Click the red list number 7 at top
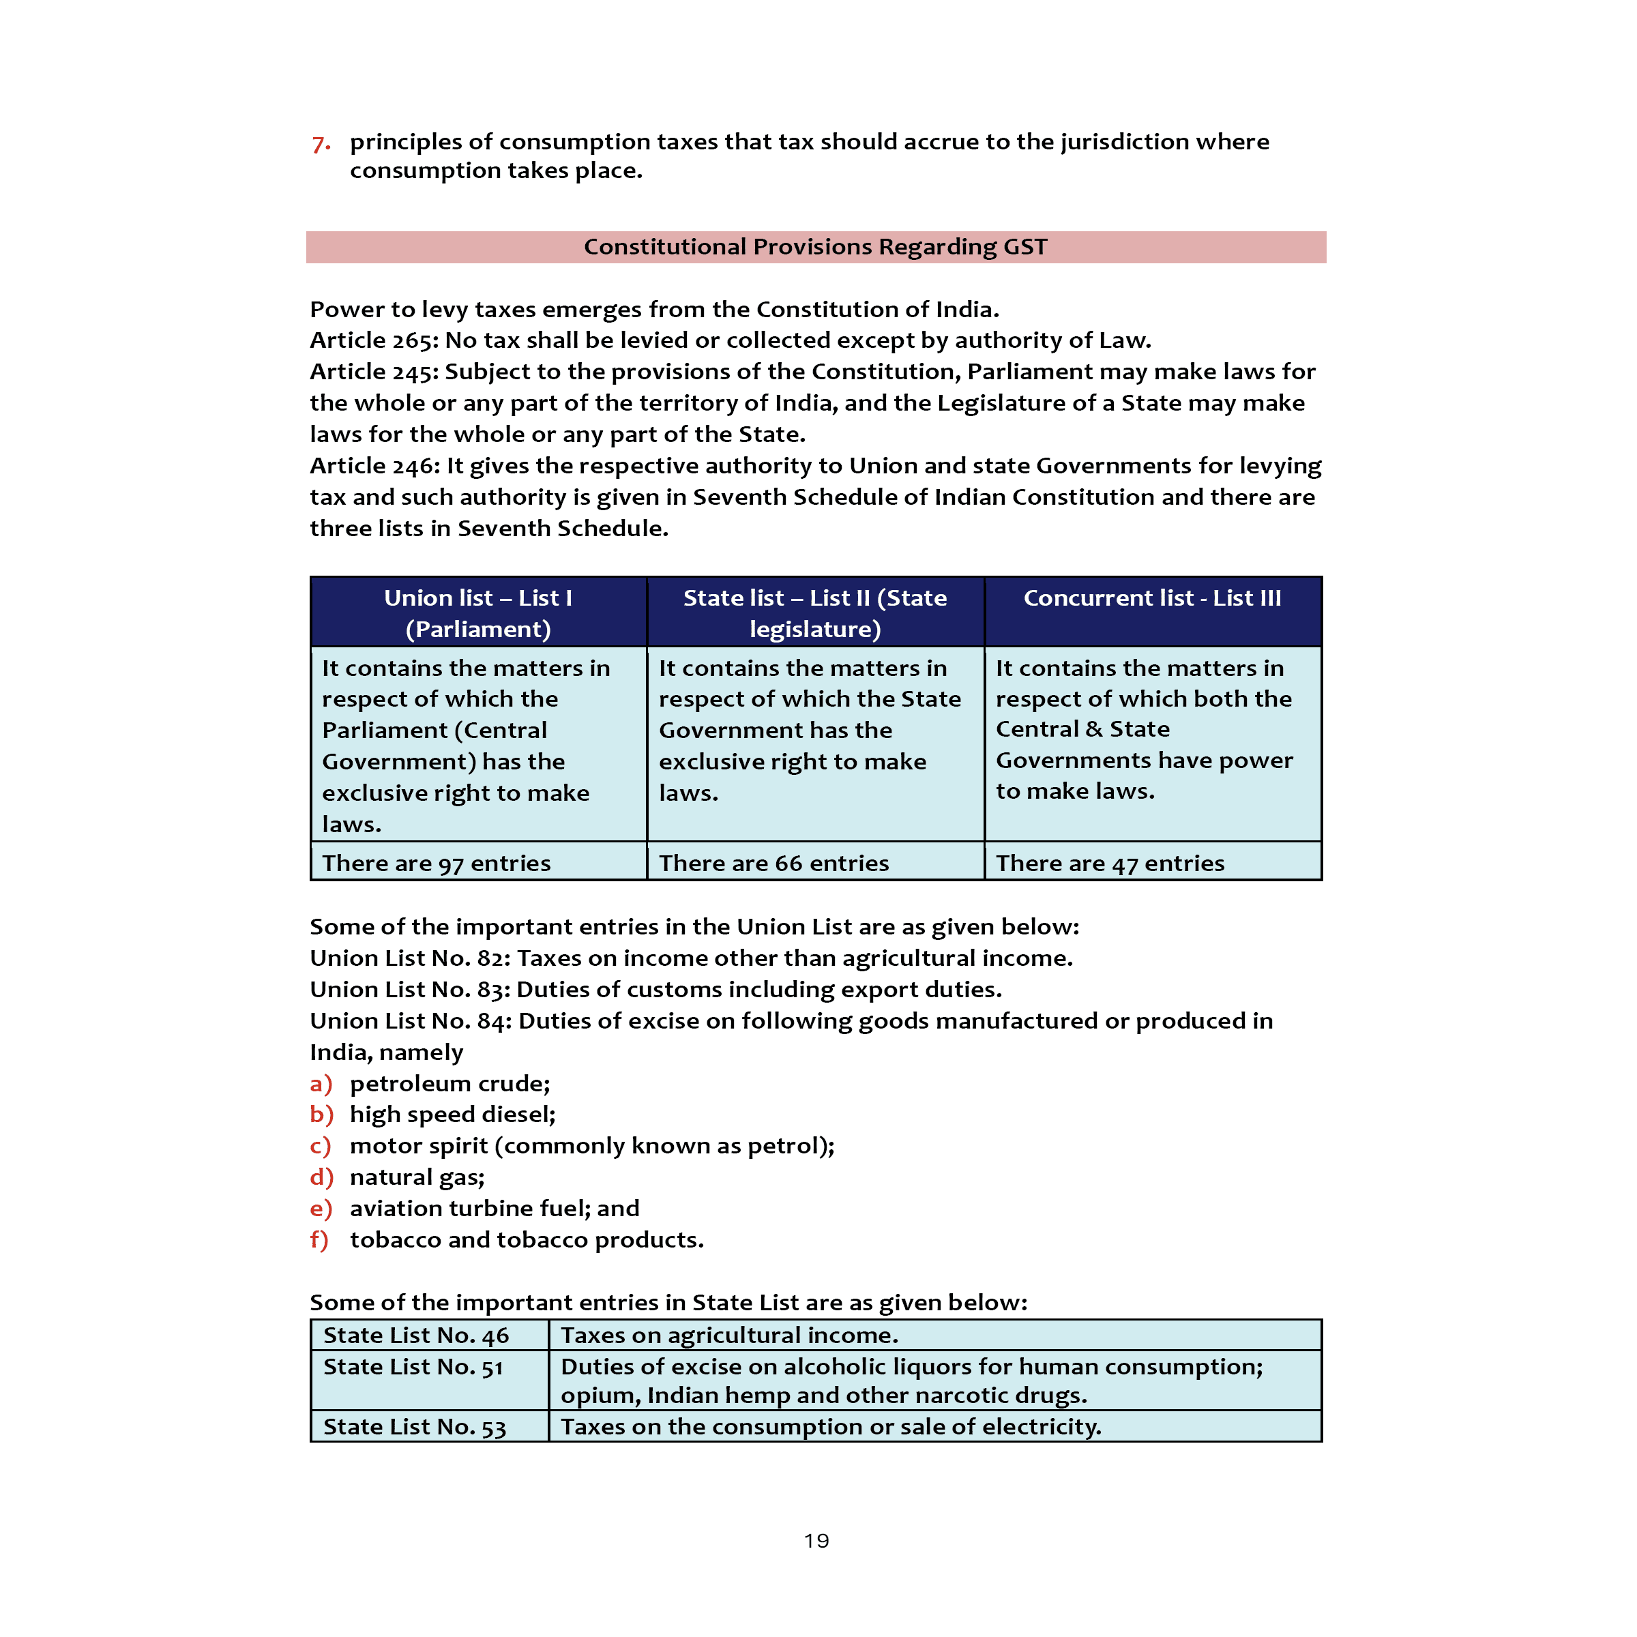[321, 143]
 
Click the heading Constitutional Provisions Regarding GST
[815, 246]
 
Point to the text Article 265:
[374, 340]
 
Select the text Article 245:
[374, 372]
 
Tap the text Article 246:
[374, 466]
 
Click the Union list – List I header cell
[478, 613]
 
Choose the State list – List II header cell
[815, 613]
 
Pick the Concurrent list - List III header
[1151, 598]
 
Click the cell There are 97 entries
[437, 864]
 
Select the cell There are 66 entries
[773, 864]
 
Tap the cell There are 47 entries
[1110, 864]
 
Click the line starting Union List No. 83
[655, 990]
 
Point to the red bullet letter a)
[321, 1084]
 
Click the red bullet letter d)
[321, 1178]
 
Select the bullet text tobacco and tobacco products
[526, 1241]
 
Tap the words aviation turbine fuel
[465, 1209]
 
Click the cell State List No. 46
[416, 1336]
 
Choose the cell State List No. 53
[414, 1428]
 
